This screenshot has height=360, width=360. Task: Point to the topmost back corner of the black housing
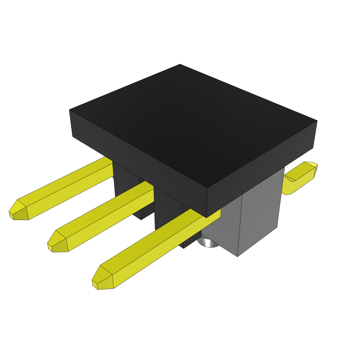[x=180, y=64]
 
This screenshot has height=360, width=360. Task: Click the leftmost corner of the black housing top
[x=70, y=110]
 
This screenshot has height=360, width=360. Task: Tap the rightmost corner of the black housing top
[x=317, y=121]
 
